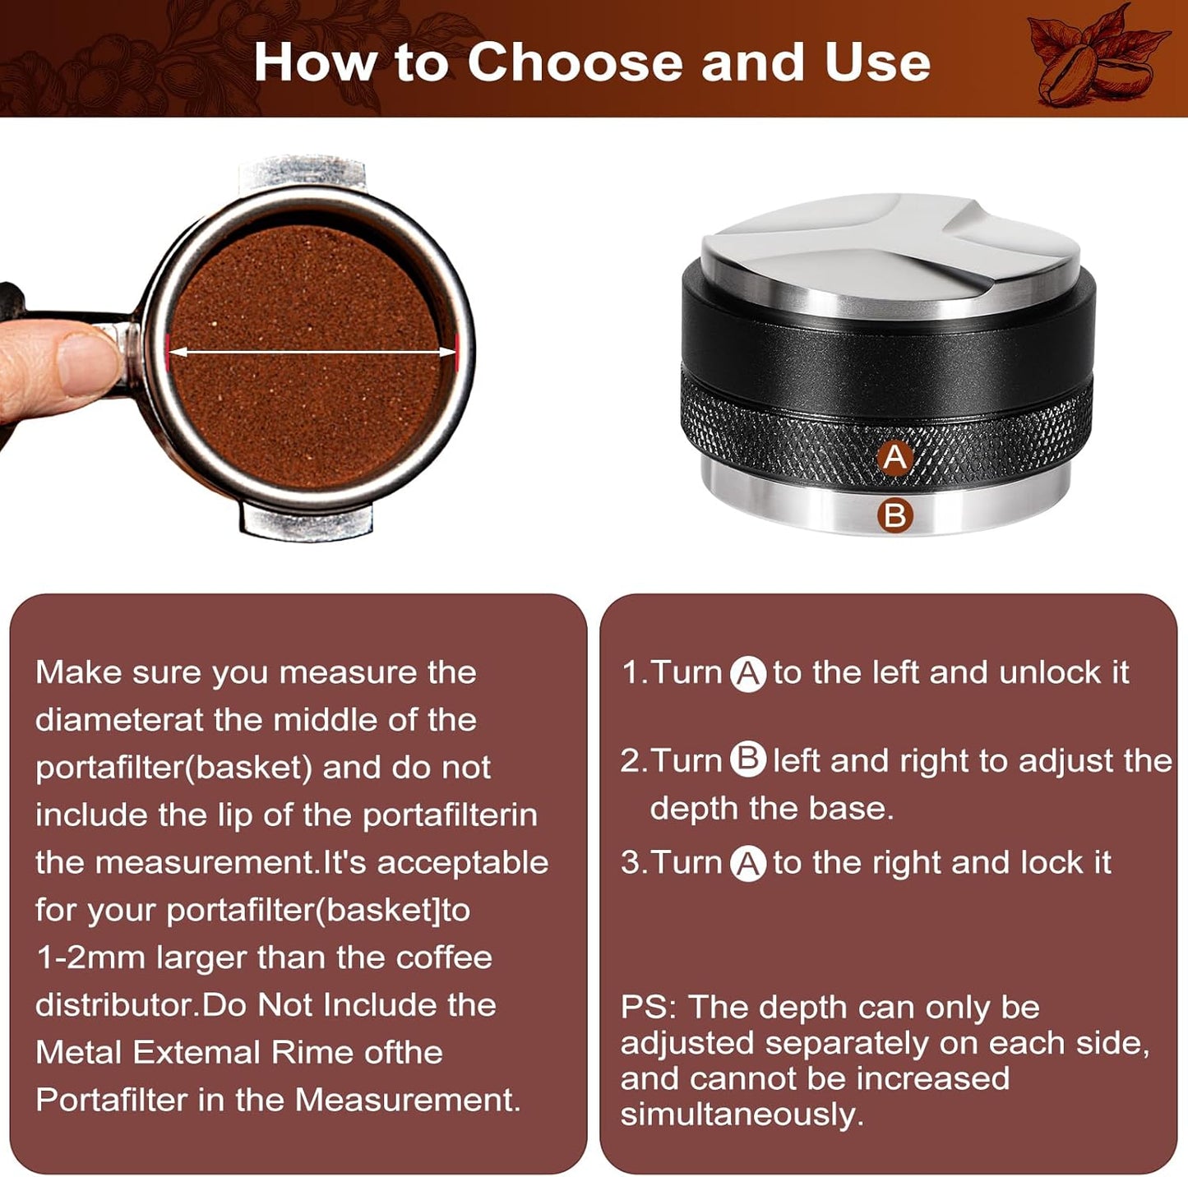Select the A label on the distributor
tap(895, 457)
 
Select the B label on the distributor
tap(895, 515)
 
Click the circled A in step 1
tap(748, 674)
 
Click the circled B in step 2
tap(748, 759)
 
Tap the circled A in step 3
tap(748, 864)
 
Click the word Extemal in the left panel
tap(196, 1052)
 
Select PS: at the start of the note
tap(648, 1007)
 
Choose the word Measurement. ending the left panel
tap(408, 1100)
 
